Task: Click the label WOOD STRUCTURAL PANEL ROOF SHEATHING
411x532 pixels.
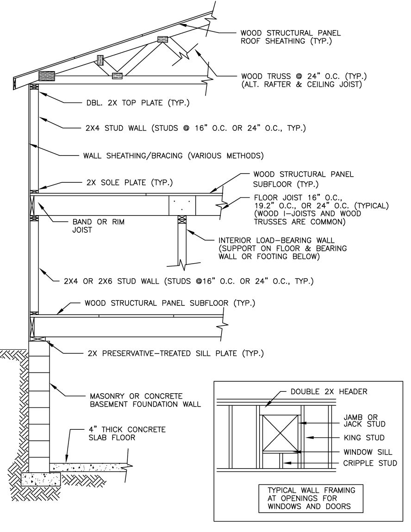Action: (291, 37)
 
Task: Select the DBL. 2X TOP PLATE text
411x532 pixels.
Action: (137, 102)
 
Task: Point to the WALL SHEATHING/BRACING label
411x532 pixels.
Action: (173, 156)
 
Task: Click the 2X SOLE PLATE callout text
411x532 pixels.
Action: (129, 183)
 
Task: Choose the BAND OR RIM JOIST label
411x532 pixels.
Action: (99, 226)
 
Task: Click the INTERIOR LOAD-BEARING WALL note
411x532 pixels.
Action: (282, 248)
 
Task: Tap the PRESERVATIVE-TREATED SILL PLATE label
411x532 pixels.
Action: (175, 353)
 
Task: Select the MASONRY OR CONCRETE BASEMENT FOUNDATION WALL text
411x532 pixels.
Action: (145, 400)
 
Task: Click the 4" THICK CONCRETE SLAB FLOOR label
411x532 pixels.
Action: (127, 433)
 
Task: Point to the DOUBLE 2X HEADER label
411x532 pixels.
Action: (329, 391)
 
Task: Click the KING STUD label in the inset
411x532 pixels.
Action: (364, 438)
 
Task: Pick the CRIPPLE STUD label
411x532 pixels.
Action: (370, 463)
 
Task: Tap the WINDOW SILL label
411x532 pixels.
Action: (367, 452)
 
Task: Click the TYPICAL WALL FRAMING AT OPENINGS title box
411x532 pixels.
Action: (311, 498)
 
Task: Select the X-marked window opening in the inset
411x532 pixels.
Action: (281, 433)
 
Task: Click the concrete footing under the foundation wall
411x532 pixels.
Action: (41, 479)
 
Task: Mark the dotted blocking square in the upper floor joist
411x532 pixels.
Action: (182, 205)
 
